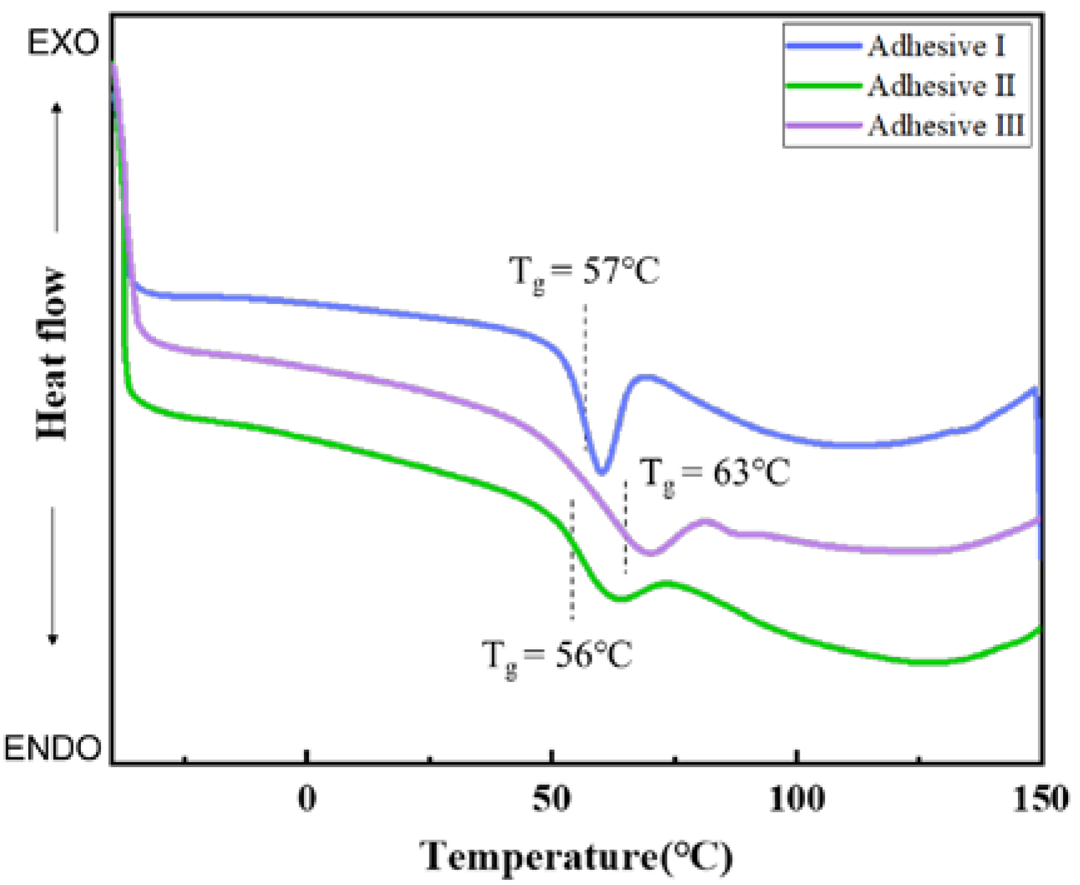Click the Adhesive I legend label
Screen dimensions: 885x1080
coord(936,46)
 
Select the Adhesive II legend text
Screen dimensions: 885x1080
coord(941,86)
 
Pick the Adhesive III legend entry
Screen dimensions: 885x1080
coord(946,126)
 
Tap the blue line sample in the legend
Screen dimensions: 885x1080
coord(823,46)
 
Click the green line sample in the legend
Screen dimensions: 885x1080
coord(823,86)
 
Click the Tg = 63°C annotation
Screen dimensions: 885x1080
coord(715,473)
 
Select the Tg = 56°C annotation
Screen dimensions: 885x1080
coord(557,656)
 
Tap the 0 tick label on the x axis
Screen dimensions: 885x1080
coord(307,799)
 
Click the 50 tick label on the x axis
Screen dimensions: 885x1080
coord(552,799)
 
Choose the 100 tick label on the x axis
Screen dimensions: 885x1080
coord(796,799)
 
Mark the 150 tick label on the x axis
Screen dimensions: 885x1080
coord(1041,799)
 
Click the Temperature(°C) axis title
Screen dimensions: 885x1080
coord(575,856)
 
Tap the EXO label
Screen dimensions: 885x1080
coord(63,43)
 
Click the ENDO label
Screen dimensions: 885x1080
coord(53,748)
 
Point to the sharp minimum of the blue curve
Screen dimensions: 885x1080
coord(602,472)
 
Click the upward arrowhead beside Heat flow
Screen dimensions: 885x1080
coord(56,108)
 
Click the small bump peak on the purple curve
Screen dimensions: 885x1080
coord(706,521)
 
